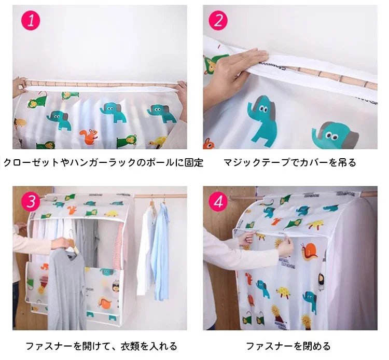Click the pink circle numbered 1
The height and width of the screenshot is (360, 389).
[x=31, y=21]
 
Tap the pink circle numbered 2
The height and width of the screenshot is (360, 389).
[x=218, y=21]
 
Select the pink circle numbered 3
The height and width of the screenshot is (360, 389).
[x=31, y=201]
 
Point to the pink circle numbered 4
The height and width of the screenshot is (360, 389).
[x=218, y=201]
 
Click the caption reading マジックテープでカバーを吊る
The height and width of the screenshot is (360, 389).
[x=290, y=162]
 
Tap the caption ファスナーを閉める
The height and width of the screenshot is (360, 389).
[x=288, y=346]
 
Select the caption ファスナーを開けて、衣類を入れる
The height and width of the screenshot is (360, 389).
[x=102, y=346]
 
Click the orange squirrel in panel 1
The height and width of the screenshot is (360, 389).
[x=89, y=136]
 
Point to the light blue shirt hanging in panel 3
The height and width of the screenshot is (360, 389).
[x=160, y=251]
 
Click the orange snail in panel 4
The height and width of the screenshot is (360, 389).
[x=309, y=252]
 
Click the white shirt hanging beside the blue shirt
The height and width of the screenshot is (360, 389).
[x=145, y=251]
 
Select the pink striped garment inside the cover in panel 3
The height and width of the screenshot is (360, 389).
[x=118, y=246]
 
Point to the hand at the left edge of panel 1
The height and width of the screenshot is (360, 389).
[x=19, y=87]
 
